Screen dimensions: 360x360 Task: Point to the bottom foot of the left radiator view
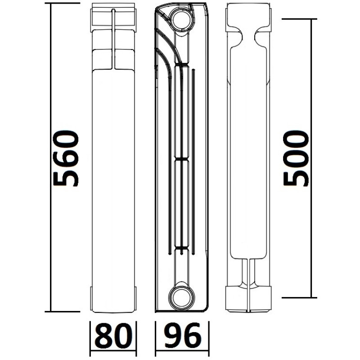click(x=113, y=299)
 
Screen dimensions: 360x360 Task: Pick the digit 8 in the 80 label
click(x=105, y=336)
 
